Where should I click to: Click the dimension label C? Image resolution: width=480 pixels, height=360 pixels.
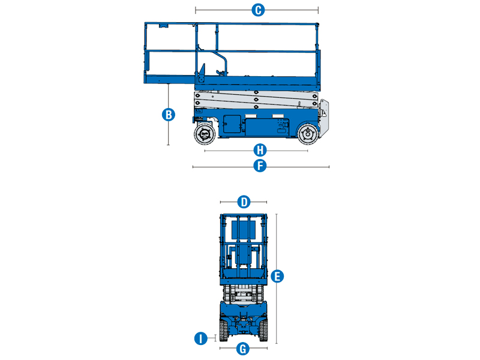[x=257, y=10]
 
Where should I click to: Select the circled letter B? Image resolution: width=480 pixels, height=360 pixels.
[x=169, y=114]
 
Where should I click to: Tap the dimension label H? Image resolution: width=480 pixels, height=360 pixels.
[x=260, y=150]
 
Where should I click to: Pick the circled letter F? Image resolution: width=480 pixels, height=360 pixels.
[x=260, y=166]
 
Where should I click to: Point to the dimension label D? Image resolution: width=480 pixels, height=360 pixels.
[x=244, y=202]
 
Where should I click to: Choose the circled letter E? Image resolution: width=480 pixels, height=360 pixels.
[x=277, y=276]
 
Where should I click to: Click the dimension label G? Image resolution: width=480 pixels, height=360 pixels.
[x=243, y=348]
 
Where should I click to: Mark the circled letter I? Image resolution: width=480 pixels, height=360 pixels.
[x=200, y=338]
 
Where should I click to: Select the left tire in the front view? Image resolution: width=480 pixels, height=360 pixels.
[x=223, y=329]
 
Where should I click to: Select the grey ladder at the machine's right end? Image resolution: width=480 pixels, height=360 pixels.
[x=325, y=117]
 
